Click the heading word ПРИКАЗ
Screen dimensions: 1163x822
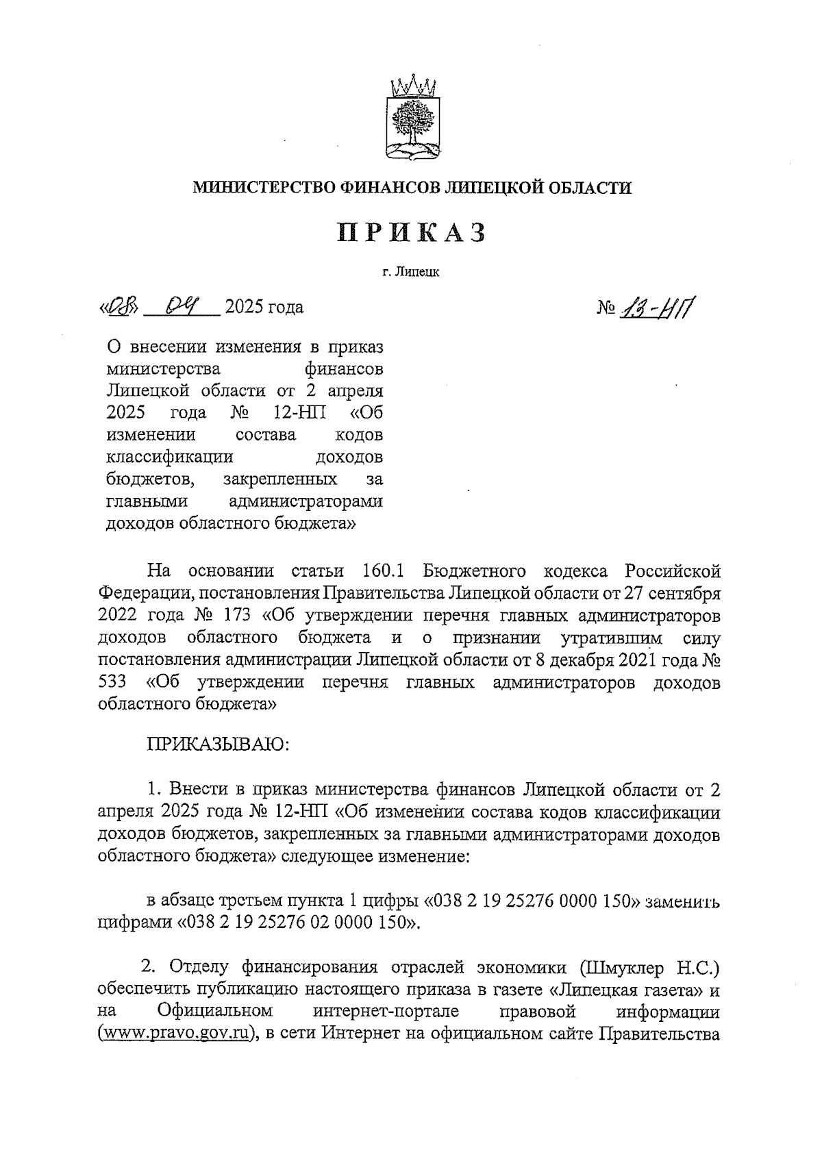click(412, 232)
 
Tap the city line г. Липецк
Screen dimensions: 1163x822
click(411, 273)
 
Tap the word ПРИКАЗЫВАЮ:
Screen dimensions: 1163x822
click(217, 745)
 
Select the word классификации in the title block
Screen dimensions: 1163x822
click(170, 457)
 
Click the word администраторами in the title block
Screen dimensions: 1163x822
click(306, 501)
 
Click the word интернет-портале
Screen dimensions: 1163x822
click(386, 1011)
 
